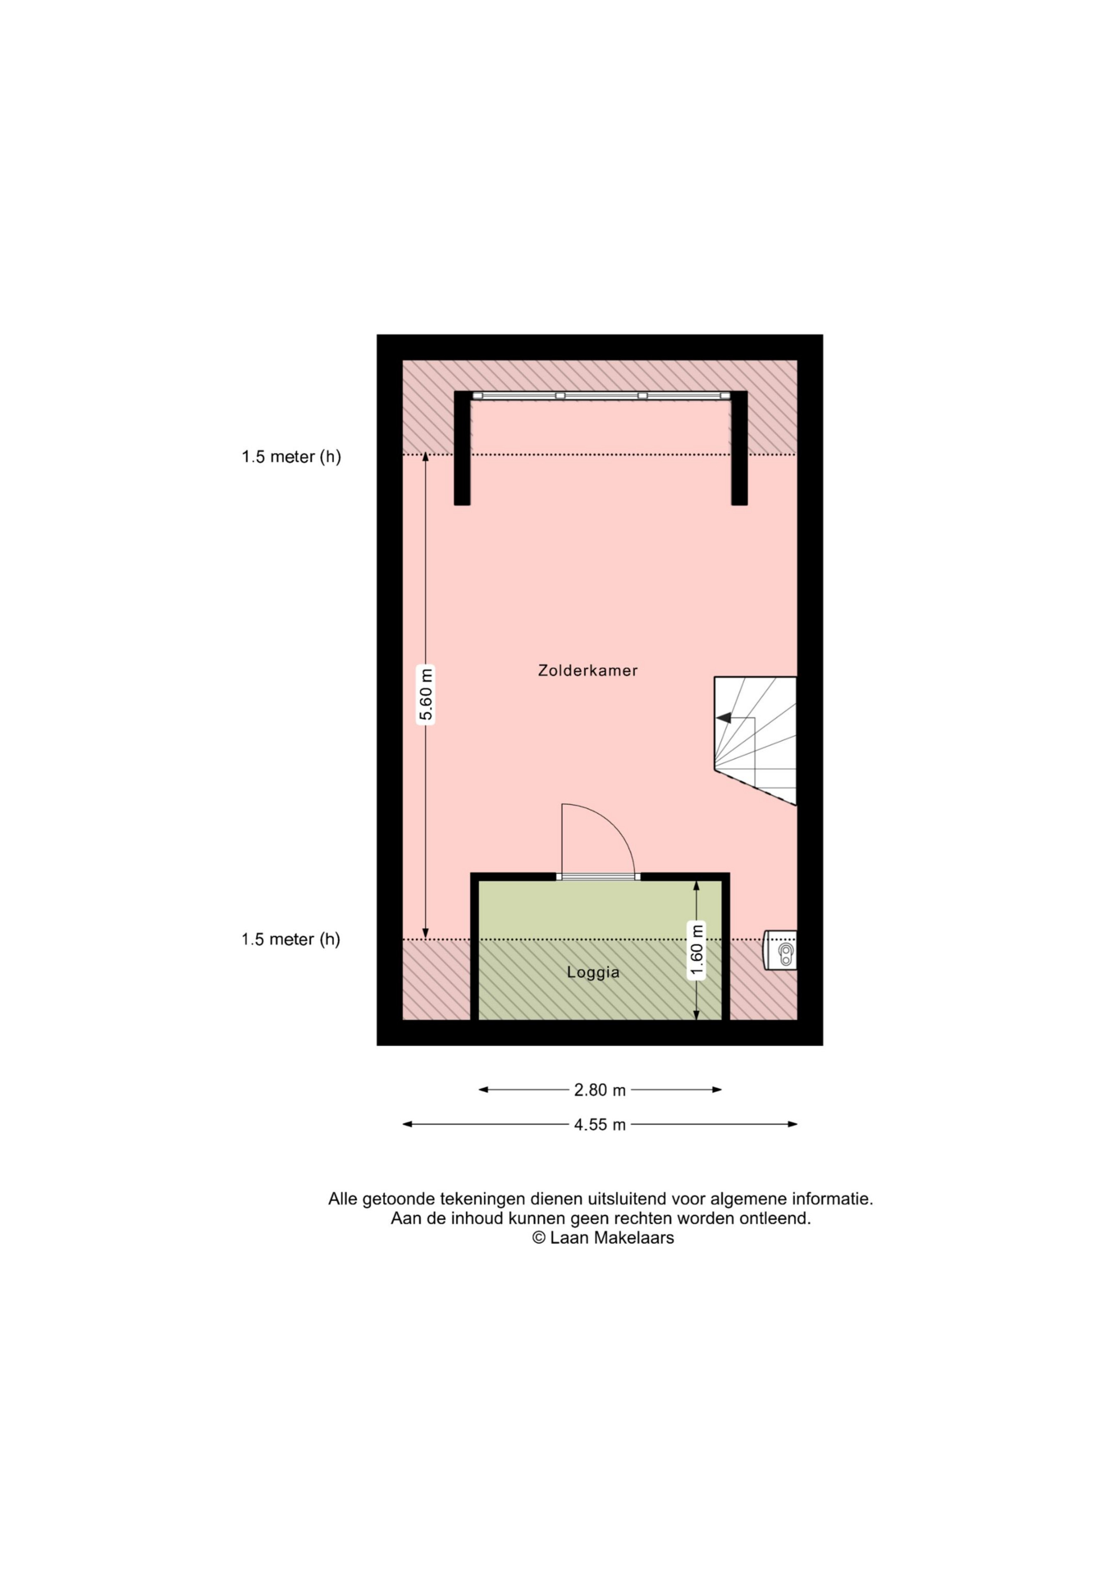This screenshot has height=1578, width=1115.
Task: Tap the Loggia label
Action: point(593,973)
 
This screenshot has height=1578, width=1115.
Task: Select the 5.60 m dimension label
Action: point(426,694)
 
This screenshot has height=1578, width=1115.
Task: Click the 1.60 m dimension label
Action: point(697,949)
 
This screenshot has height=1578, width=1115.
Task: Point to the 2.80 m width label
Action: point(600,1090)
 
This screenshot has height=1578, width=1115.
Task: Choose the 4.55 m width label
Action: point(600,1125)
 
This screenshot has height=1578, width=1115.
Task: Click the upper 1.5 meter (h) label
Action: point(291,457)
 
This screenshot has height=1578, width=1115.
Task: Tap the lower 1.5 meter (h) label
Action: point(291,939)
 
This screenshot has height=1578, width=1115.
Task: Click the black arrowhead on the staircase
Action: point(723,718)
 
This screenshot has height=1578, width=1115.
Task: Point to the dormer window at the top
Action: point(601,396)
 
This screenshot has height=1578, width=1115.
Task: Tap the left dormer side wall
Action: point(462,448)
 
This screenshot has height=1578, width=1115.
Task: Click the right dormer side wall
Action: point(739,448)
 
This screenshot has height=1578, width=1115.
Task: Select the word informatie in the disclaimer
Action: point(832,1199)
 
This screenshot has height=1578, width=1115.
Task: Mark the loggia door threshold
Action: point(598,876)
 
